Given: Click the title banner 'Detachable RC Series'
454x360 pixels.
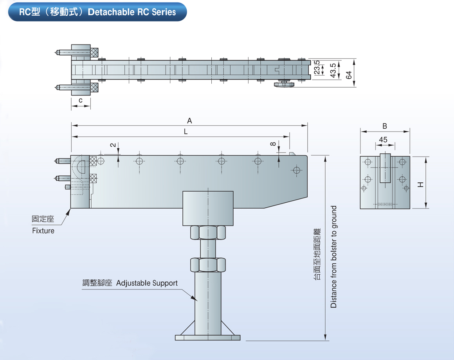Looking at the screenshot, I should (97, 12).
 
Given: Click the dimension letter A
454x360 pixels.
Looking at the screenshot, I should (189, 121).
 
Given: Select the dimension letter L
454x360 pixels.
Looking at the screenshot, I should (186, 132).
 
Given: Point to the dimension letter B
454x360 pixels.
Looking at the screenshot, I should (385, 126).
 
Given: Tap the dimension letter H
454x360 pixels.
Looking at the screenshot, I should (420, 184).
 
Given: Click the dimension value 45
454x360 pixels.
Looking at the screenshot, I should (383, 140).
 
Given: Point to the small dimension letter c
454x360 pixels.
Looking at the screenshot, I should (81, 101).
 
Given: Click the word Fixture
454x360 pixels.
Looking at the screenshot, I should (43, 231).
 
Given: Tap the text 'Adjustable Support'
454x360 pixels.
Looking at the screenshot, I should (147, 283).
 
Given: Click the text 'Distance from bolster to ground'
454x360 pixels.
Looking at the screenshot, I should (333, 257).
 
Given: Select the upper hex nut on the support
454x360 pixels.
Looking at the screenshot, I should (208, 232).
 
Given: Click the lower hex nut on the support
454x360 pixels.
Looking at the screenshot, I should (208, 265).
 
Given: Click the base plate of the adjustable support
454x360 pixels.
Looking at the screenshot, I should (208, 337).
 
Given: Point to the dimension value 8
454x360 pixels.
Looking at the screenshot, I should (273, 144).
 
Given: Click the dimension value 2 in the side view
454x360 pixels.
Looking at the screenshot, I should (113, 145).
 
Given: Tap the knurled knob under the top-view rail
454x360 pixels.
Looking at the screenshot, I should (283, 85).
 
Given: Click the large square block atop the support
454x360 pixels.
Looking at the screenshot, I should (208, 208).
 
